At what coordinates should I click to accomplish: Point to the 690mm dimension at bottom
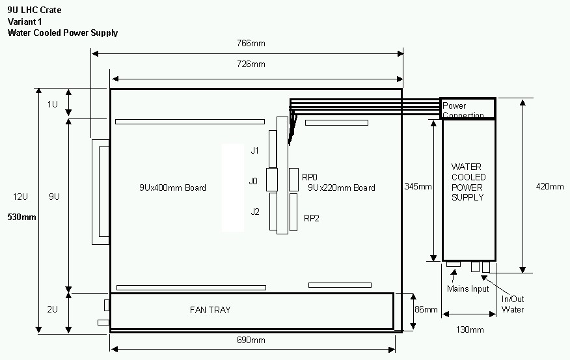pyautogui.click(x=252, y=340)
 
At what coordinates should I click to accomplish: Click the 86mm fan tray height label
pyautogui.click(x=426, y=309)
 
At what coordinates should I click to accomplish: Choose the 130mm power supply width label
pyautogui.click(x=470, y=329)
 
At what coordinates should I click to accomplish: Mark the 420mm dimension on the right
pyautogui.click(x=549, y=187)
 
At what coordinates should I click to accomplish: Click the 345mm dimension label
pyautogui.click(x=417, y=187)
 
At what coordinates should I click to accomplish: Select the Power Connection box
pyautogui.click(x=468, y=109)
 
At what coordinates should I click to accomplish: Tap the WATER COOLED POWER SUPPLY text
pyautogui.click(x=468, y=182)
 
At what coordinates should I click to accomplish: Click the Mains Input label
pyautogui.click(x=468, y=289)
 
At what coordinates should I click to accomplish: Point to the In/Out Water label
pyautogui.click(x=513, y=305)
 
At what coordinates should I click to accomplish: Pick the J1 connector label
pyautogui.click(x=255, y=150)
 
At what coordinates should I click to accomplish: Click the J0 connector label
pyautogui.click(x=254, y=180)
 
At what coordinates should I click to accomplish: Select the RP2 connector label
pyautogui.click(x=311, y=218)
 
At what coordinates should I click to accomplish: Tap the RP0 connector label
pyautogui.click(x=310, y=176)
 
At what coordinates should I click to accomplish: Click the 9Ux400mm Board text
pyautogui.click(x=172, y=188)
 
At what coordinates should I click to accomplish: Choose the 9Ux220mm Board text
pyautogui.click(x=342, y=188)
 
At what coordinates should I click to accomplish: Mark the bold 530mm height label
pyautogui.click(x=21, y=217)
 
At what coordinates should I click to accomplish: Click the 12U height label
pyautogui.click(x=21, y=197)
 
